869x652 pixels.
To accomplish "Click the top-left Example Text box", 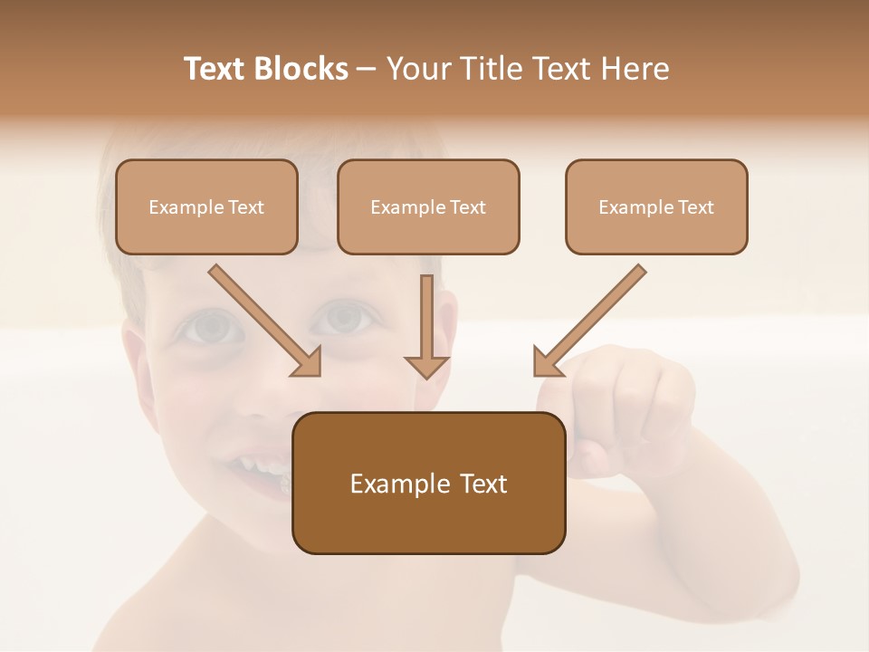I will coord(206,207).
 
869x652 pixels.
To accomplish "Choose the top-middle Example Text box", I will coord(428,207).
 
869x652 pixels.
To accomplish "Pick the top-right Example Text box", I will coord(656,207).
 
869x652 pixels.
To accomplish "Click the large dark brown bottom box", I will coord(428,483).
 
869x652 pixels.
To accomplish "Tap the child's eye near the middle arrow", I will coord(342,318).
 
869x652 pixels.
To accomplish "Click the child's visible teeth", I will coord(268,469).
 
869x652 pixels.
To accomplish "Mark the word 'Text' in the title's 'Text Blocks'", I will coord(215,69).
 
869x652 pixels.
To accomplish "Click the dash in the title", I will coord(367,69).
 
